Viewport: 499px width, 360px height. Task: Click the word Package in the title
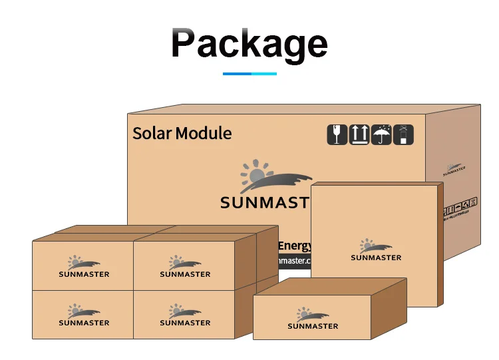tap(249, 43)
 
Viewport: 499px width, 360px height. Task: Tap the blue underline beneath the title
tap(249, 73)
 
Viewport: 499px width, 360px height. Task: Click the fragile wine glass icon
tap(337, 134)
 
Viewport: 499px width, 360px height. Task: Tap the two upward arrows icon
tap(359, 134)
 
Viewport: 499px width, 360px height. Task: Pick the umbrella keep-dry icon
tap(381, 134)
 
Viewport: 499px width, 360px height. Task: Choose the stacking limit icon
tap(403, 134)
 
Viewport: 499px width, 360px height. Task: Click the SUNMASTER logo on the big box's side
tap(454, 168)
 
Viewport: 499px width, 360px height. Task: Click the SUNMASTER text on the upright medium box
tap(376, 258)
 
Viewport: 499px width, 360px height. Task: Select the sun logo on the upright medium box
tap(376, 246)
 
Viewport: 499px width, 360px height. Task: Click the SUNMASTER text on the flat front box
tap(313, 326)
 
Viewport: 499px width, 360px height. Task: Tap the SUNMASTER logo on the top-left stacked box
tap(84, 267)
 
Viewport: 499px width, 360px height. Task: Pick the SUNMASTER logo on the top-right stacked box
tap(185, 267)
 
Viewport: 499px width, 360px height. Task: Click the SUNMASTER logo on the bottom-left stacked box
tap(84, 315)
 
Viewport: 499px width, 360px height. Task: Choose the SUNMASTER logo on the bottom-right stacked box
tap(185, 315)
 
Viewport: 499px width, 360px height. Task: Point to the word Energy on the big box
tap(295, 246)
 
